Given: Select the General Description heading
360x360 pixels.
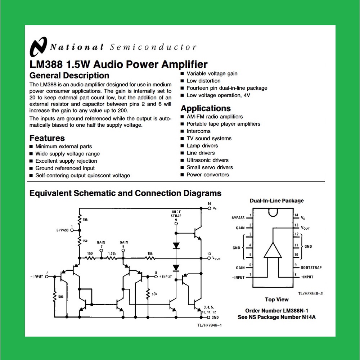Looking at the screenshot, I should (x=69, y=76).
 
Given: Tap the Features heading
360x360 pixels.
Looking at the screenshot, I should (x=47, y=138).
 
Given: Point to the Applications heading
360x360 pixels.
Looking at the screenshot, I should (x=206, y=108).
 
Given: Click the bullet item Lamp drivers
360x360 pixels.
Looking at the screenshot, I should (x=202, y=145).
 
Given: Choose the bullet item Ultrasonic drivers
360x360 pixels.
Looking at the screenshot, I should (x=207, y=160).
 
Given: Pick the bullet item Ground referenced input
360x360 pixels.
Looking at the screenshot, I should (x=65, y=168).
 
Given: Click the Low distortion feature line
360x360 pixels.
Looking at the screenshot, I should (x=203, y=81).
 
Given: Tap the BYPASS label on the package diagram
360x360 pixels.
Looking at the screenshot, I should (x=238, y=218).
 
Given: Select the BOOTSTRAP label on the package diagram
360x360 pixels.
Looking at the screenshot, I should (x=311, y=267).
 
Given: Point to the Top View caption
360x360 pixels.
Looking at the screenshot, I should (x=276, y=300).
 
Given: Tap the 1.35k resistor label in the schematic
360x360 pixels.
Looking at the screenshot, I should (x=112, y=253).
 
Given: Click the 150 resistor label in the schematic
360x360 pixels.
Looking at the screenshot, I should (x=90, y=253).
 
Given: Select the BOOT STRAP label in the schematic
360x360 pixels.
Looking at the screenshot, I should (x=176, y=213).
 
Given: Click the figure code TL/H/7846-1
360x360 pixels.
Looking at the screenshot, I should (x=209, y=325).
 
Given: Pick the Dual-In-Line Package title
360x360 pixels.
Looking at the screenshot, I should (x=276, y=201).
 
